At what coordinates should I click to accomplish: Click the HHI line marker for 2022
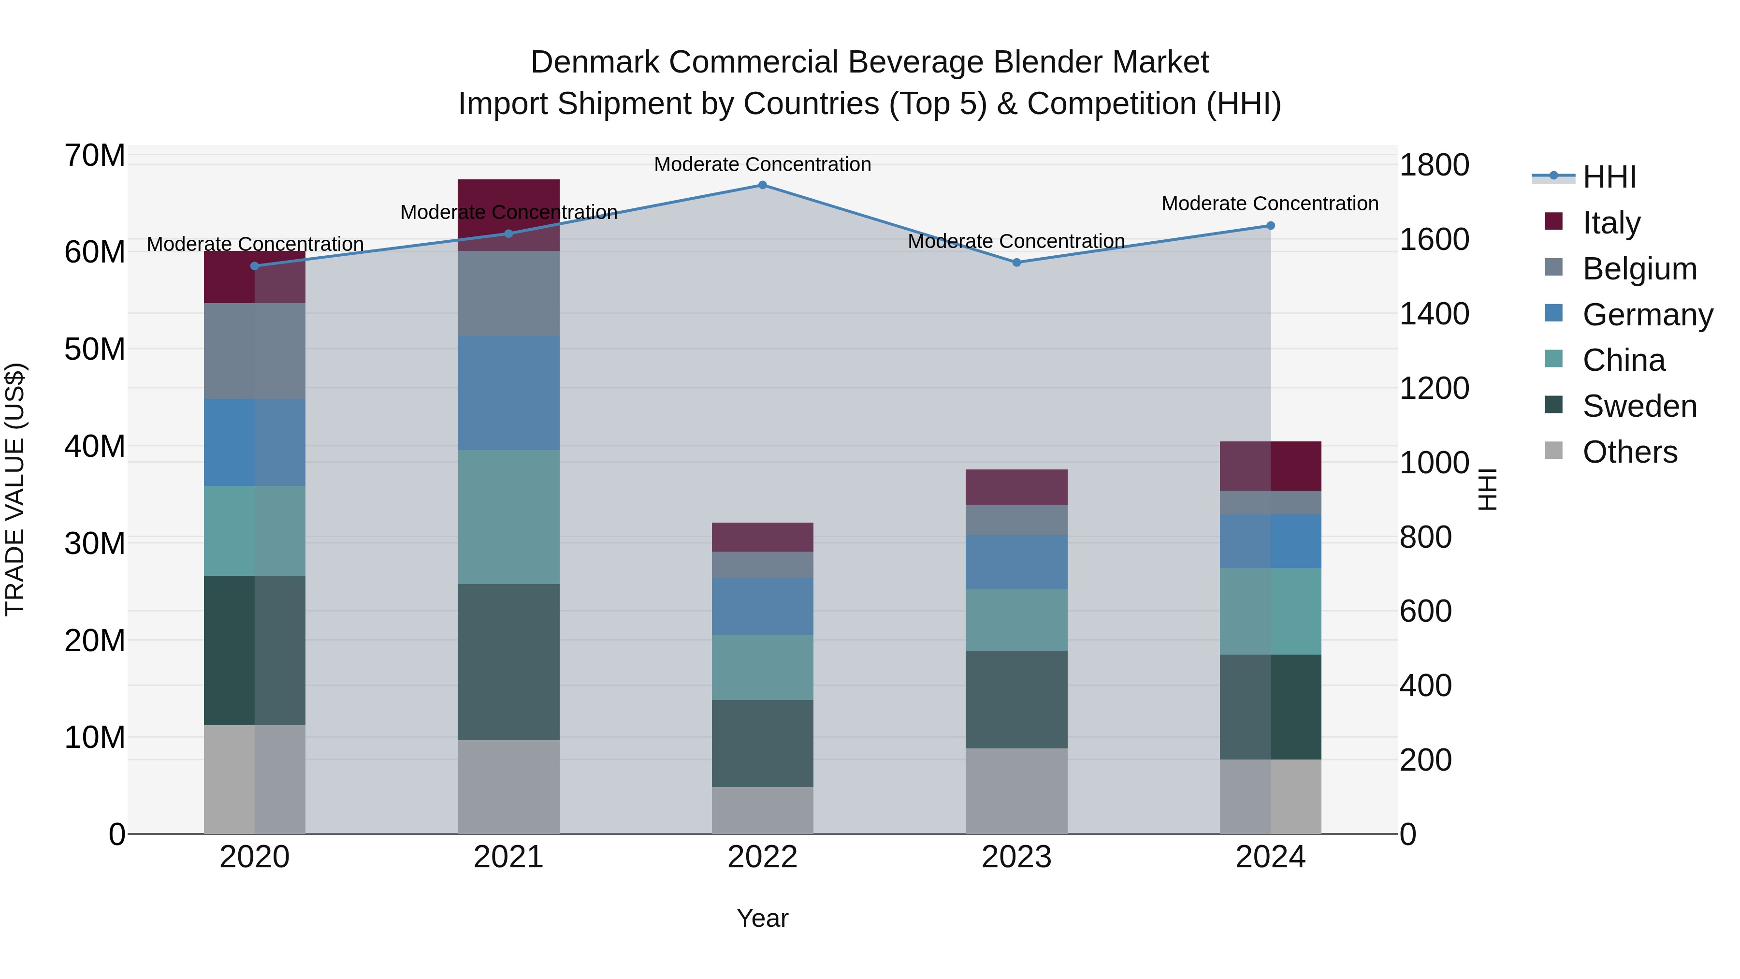[763, 185]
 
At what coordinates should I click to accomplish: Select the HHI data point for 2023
[1016, 262]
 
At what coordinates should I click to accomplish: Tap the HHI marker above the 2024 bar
[1271, 226]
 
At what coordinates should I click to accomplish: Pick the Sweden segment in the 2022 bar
[763, 743]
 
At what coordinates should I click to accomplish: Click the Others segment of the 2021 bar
[508, 787]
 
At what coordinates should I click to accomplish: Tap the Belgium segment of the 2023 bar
[1016, 520]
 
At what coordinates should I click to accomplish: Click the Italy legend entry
[1611, 223]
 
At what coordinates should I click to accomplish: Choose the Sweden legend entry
[1639, 406]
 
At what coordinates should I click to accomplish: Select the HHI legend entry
[1609, 177]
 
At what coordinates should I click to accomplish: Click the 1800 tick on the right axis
[1434, 165]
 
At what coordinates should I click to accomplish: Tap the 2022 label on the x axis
[763, 857]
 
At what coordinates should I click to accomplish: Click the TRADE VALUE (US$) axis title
[15, 489]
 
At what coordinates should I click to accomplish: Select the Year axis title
[763, 918]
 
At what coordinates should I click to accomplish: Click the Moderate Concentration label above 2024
[1270, 204]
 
